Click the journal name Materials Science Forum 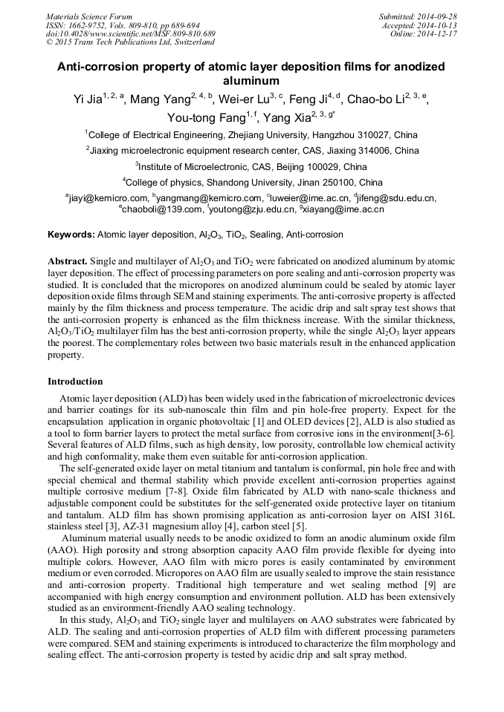pyautogui.click(x=89, y=16)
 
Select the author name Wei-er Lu pyautogui.click(x=242, y=100)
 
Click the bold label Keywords pyautogui.click(x=71, y=235)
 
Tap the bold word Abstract pyautogui.click(x=68, y=262)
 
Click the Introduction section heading pyautogui.click(x=75, y=382)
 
